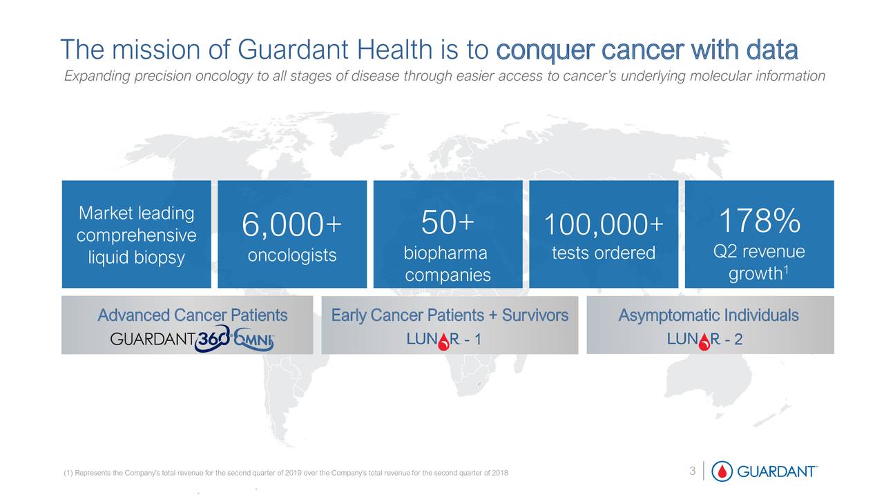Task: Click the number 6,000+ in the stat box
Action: pos(291,225)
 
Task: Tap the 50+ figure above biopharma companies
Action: pos(447,222)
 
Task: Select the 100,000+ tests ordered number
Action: pos(603,225)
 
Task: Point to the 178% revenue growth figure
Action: pos(759,222)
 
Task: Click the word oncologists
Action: pos(291,256)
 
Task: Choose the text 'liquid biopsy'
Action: pos(136,257)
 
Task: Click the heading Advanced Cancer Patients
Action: pos(192,316)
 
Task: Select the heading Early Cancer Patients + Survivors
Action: pos(450,316)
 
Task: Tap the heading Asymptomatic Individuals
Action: pos(709,316)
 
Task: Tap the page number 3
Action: pos(692,471)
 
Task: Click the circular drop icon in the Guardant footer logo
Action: pos(722,471)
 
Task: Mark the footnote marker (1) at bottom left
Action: pos(68,472)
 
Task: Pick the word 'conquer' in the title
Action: pos(545,50)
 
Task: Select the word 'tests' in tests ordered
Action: pos(568,254)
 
